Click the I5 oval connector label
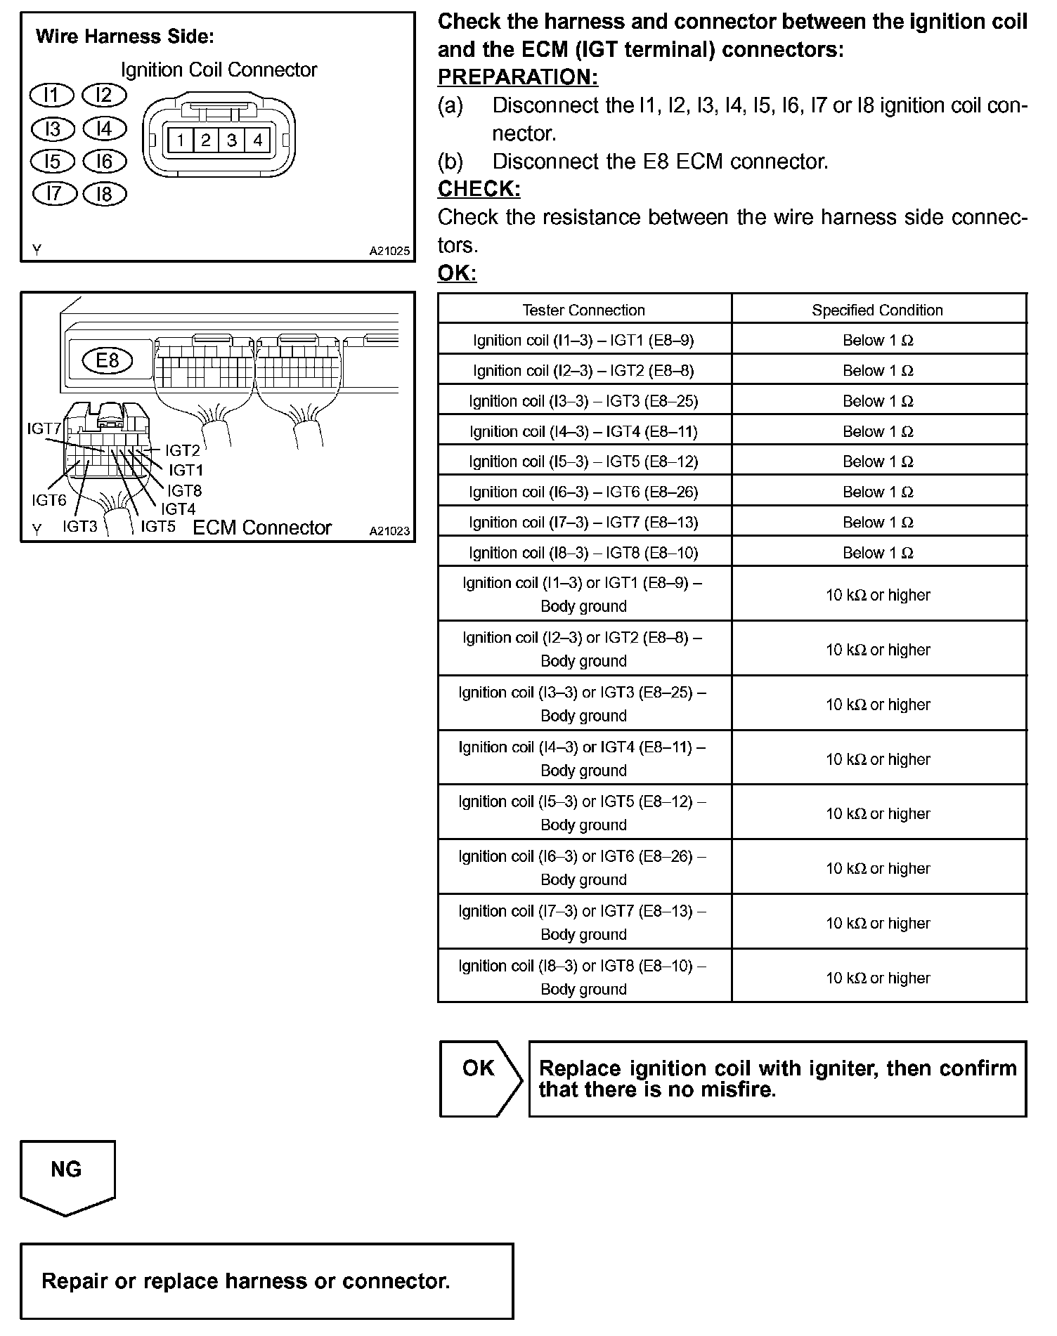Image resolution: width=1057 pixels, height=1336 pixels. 53,162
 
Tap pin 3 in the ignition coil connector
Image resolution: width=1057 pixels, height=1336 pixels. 232,140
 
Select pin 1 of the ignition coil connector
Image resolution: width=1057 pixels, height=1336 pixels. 181,140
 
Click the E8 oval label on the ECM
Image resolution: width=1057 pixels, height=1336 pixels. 108,360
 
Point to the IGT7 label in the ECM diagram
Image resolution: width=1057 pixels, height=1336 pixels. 44,428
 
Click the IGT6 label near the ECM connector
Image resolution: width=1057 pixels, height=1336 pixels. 49,500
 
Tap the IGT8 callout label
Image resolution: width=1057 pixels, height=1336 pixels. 185,490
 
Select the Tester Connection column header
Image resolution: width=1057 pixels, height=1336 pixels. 583,310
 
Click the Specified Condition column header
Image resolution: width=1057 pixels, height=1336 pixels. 877,310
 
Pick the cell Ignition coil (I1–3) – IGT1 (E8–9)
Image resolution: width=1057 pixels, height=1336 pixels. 583,340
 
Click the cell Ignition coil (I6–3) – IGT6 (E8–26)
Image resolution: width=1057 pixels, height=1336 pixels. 583,492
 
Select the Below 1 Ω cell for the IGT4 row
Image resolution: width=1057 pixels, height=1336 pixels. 877,431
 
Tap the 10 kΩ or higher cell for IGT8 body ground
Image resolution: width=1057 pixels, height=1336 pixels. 877,977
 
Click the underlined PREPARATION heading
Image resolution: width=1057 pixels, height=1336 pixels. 517,77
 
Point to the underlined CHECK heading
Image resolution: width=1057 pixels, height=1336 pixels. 479,189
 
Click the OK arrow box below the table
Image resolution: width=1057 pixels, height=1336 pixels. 479,1078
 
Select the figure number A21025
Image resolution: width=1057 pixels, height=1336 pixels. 389,251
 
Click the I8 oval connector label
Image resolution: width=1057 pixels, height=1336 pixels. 104,194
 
